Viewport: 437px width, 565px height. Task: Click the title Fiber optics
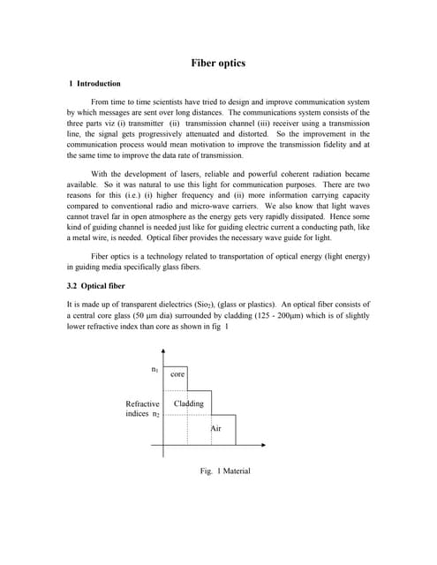click(x=218, y=64)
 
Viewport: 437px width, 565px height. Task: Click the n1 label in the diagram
click(x=155, y=369)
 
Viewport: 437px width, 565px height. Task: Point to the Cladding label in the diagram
click(x=189, y=404)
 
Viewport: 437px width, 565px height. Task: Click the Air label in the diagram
click(x=216, y=428)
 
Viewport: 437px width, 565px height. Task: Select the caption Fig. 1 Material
click(x=225, y=471)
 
